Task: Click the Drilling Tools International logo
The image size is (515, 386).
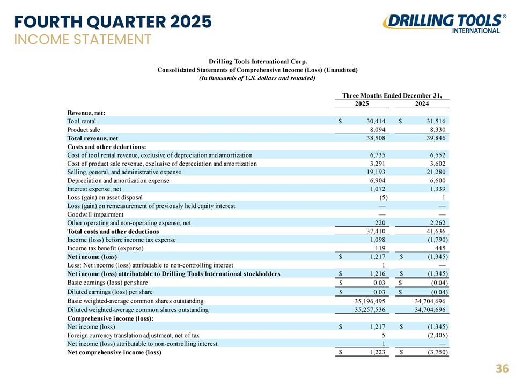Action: pyautogui.click(x=444, y=23)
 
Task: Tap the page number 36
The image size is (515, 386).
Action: pyautogui.click(x=502, y=369)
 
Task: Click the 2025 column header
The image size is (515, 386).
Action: pyautogui.click(x=362, y=103)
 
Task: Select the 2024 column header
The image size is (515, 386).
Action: pyautogui.click(x=422, y=103)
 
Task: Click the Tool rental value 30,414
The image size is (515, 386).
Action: pyautogui.click(x=376, y=121)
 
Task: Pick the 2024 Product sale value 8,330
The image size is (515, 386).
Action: pyautogui.click(x=438, y=130)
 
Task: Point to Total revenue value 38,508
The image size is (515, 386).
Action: pyautogui.click(x=376, y=138)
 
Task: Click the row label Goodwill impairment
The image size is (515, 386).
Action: pyautogui.click(x=95, y=214)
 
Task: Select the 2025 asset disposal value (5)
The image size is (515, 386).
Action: pyautogui.click(x=383, y=198)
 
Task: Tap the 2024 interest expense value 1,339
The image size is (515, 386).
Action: pyautogui.click(x=438, y=189)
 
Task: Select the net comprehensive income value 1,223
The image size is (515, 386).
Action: pyautogui.click(x=377, y=353)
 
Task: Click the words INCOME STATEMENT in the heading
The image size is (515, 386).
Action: pyautogui.click(x=83, y=40)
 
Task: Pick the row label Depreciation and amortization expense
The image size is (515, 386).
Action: pyautogui.click(x=118, y=181)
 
